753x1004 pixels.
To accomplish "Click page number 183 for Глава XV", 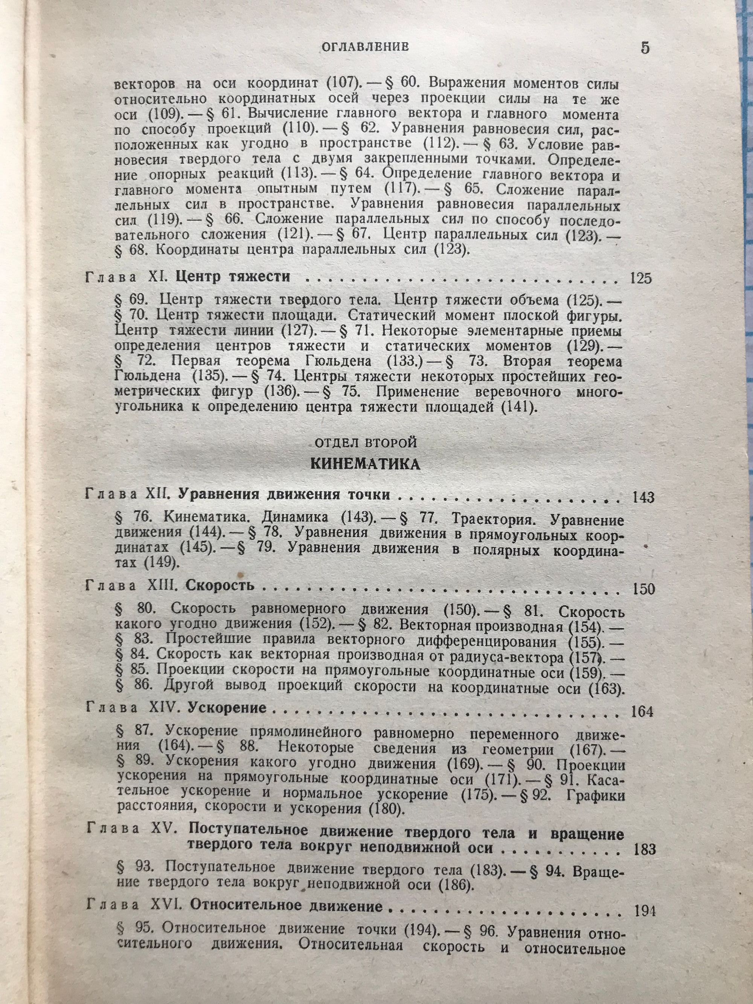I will tap(643, 836).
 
